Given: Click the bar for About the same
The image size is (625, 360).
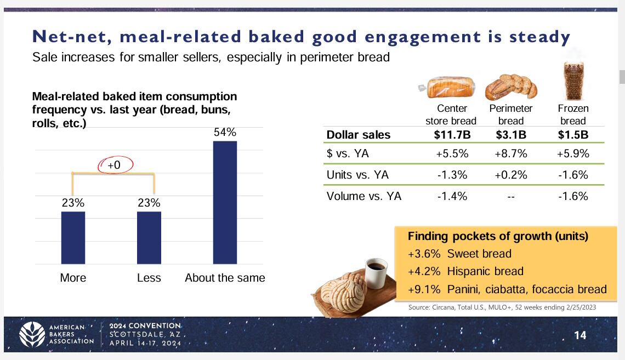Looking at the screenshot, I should (225, 203).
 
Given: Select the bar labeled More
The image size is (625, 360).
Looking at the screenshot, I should (73, 238).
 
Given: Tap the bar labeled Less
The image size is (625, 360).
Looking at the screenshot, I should (149, 238).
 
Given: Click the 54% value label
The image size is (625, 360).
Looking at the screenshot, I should (225, 132).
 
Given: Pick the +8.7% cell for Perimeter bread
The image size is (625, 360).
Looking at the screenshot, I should (510, 154).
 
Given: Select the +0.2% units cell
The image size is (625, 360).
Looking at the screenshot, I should (510, 175).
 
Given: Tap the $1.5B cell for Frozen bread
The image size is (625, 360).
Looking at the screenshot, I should (573, 135).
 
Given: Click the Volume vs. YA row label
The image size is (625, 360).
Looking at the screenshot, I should (364, 196).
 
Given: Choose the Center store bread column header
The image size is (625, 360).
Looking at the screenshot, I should (451, 115).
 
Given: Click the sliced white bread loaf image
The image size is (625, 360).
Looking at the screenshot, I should (447, 87).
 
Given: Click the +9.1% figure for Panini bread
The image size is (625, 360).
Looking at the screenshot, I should (424, 289).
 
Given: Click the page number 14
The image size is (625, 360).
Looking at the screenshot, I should (580, 335).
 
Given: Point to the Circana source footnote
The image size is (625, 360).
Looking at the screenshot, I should (502, 307).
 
